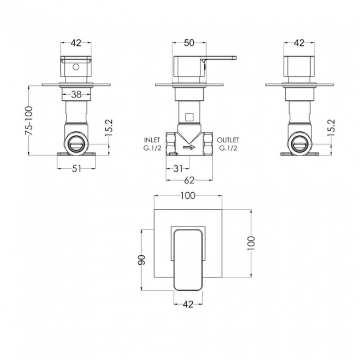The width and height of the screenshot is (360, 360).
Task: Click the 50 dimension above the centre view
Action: click(189, 43)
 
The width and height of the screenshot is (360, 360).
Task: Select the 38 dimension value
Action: click(76, 94)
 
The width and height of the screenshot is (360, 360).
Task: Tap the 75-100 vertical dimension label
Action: click(29, 120)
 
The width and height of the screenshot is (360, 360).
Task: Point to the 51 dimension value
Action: click(76, 169)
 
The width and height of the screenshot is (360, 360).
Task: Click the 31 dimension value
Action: click(178, 169)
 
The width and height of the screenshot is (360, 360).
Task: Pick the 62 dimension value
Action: click(189, 181)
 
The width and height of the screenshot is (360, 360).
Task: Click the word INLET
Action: click(152, 140)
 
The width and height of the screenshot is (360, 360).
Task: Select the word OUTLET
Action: click(228, 140)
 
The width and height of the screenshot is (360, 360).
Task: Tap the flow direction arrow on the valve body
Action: click(189, 147)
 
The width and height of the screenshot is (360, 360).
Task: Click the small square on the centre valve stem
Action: click(189, 117)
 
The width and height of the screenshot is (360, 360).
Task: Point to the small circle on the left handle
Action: click(76, 67)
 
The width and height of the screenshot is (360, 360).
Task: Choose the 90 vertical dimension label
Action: click(142, 260)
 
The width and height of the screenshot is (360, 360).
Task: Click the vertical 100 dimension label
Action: click(251, 243)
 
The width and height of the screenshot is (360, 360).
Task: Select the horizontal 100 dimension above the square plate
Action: click(188, 196)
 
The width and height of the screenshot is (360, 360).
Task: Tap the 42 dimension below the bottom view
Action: click(188, 305)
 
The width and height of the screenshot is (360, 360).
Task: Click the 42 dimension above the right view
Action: click(299, 43)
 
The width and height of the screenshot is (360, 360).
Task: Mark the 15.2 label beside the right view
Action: click(331, 127)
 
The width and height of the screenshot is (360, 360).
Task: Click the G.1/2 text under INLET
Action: click(152, 148)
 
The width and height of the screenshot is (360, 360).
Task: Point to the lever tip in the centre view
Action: click(235, 58)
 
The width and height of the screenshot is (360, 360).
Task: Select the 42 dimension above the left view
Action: click(76, 43)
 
